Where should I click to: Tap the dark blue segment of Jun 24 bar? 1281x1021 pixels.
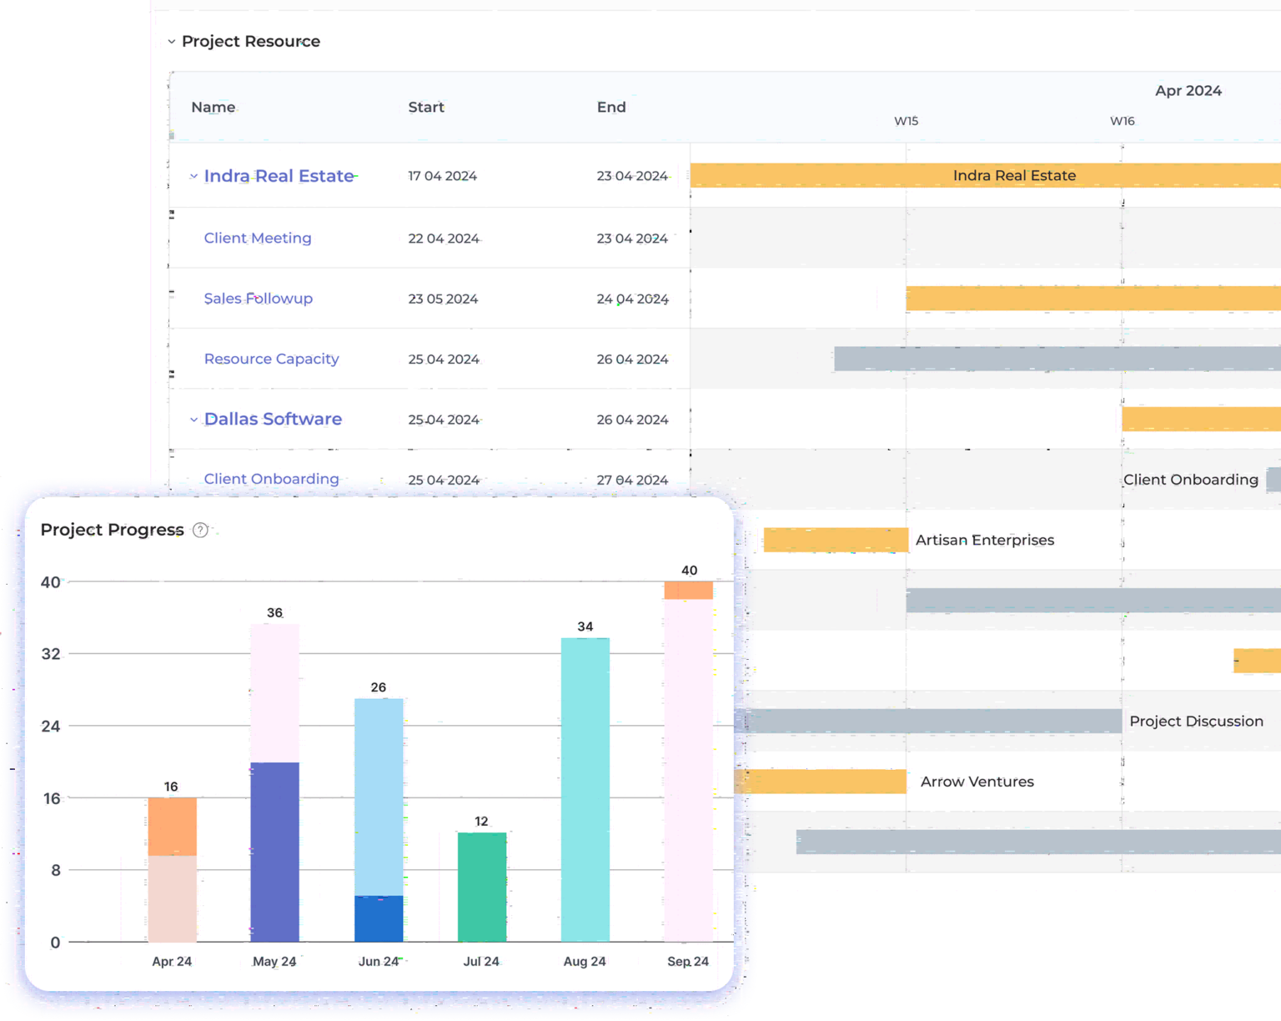(379, 918)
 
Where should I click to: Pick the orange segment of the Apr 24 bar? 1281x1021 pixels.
(172, 826)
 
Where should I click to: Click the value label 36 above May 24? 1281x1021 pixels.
(274, 613)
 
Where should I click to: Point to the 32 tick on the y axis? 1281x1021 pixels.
(51, 654)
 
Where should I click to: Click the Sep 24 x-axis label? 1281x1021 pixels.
(688, 961)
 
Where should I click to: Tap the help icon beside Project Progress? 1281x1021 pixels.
(200, 531)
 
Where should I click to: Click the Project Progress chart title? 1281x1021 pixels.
(112, 530)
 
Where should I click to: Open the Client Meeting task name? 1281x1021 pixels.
(258, 238)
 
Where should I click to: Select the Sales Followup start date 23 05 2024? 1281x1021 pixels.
(443, 299)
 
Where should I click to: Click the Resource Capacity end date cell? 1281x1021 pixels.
(632, 360)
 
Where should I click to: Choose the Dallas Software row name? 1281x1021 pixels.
(273, 419)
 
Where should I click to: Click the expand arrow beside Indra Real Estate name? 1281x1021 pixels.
(193, 176)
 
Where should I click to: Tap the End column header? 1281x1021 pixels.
(611, 107)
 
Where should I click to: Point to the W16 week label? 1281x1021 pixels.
(1122, 121)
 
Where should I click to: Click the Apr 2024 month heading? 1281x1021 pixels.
(1188, 90)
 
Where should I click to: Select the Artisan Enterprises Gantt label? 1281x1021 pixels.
(984, 541)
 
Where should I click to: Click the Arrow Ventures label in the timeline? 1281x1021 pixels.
(977, 782)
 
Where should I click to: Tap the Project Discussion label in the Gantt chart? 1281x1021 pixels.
(1196, 722)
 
